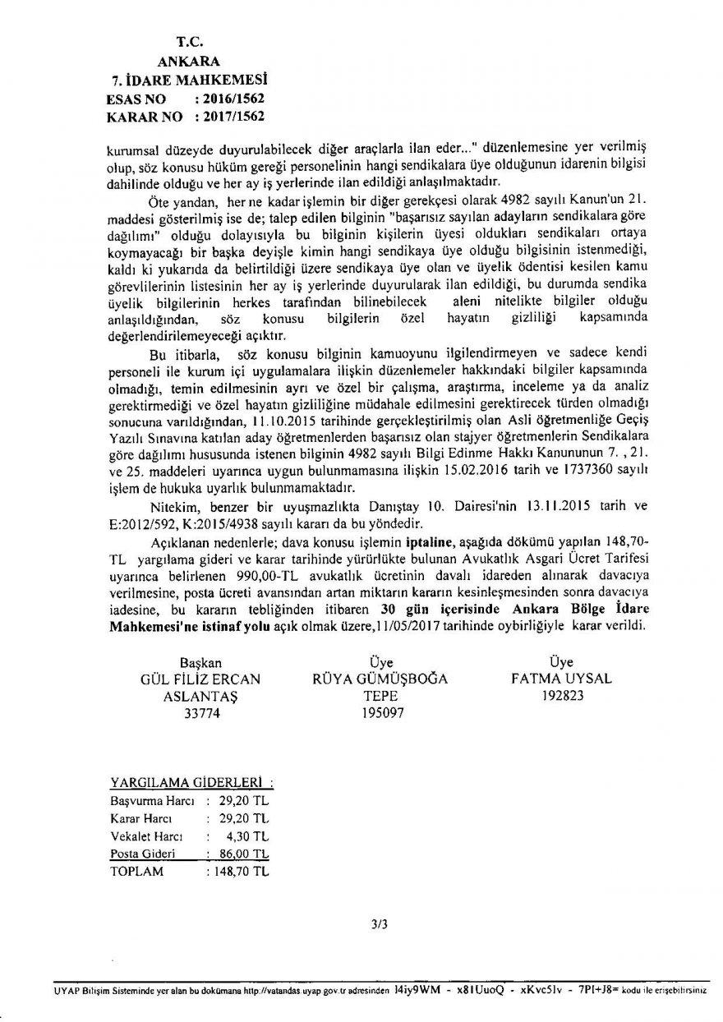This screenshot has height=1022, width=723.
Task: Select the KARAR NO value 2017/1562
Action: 234,116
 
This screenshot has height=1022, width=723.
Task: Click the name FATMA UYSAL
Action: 561,679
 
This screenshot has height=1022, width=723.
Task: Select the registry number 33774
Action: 202,715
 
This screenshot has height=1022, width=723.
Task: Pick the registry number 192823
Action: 561,696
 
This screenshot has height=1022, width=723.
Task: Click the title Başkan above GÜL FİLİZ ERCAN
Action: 201,661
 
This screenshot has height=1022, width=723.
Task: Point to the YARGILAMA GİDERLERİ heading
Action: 191,780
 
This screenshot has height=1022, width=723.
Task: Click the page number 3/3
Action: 379,924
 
